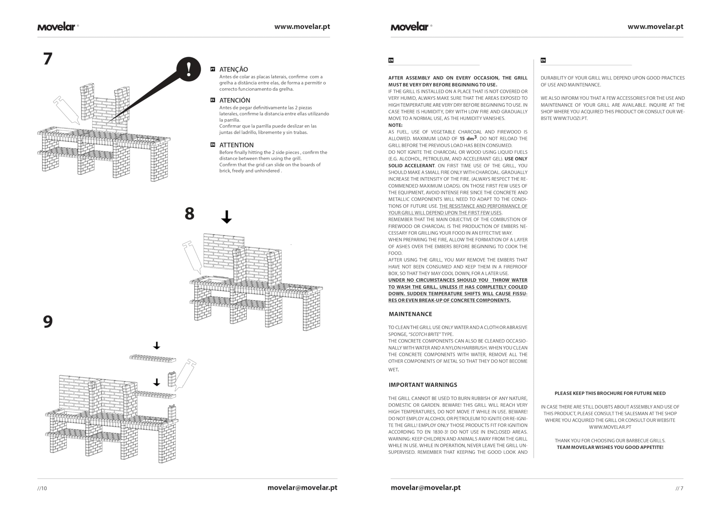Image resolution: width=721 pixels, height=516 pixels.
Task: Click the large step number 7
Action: (48, 59)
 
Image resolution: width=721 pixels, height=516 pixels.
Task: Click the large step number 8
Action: (189, 213)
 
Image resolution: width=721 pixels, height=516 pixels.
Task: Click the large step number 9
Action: (48, 322)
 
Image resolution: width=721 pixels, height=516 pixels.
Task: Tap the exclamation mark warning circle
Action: (189, 69)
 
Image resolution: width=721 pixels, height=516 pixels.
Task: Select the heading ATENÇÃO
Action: (233, 69)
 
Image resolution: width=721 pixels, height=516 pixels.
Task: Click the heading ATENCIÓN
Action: (235, 100)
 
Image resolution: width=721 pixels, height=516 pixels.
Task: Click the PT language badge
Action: (213, 69)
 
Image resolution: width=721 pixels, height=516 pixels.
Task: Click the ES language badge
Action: (213, 100)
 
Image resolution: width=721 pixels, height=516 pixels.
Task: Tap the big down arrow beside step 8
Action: (226, 217)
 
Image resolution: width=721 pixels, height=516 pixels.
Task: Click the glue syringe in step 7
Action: (66, 110)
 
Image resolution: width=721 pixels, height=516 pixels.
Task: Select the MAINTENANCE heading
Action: (410, 314)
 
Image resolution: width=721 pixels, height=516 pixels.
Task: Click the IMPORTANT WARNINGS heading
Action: (423, 385)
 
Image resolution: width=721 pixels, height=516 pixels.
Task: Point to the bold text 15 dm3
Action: (468, 138)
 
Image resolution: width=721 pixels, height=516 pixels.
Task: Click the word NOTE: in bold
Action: (395, 125)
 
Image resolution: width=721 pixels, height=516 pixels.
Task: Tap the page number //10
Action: (42, 488)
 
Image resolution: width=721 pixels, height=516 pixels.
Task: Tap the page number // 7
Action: (679, 488)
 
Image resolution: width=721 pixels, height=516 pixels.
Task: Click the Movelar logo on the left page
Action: (57, 27)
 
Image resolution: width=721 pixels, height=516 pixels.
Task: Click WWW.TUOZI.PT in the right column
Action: (570, 119)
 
